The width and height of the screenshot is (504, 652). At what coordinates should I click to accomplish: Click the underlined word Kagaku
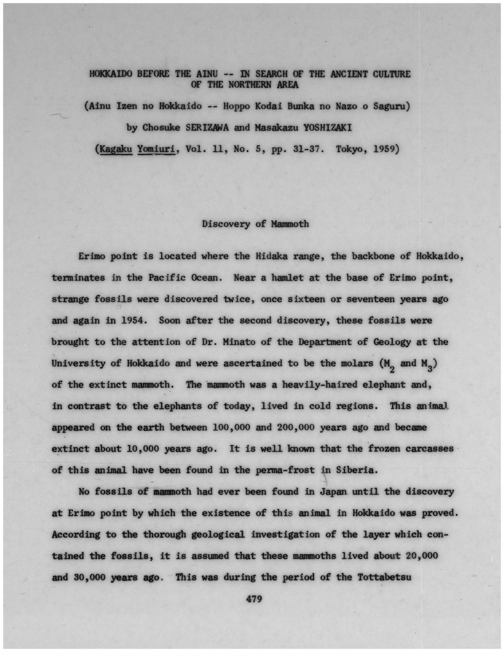115,149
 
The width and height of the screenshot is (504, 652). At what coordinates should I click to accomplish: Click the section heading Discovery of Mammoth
255,223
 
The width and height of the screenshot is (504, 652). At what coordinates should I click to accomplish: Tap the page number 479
254,599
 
